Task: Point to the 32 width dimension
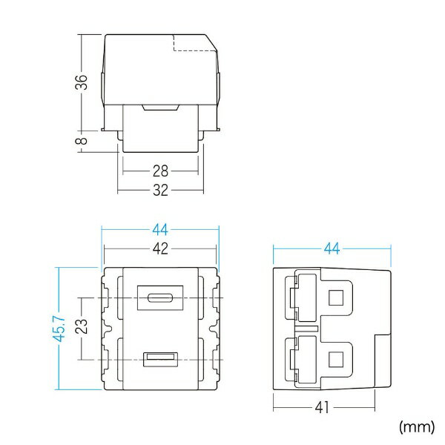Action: point(159,189)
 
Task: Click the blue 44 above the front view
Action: point(159,229)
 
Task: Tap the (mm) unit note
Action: point(418,426)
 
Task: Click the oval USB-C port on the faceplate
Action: point(160,299)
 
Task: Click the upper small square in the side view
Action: point(335,299)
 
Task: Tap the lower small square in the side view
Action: point(335,360)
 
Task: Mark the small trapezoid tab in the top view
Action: point(159,108)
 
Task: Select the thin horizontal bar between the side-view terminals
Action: point(306,327)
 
